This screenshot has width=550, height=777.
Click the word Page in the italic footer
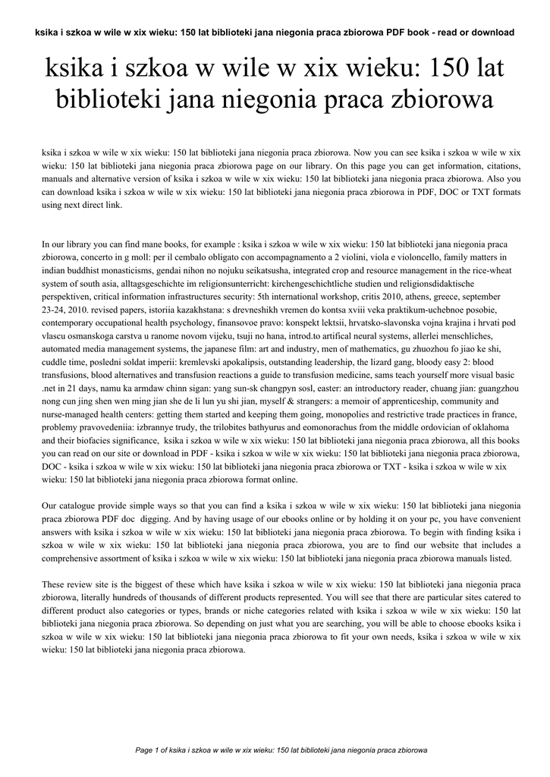click(144, 750)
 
